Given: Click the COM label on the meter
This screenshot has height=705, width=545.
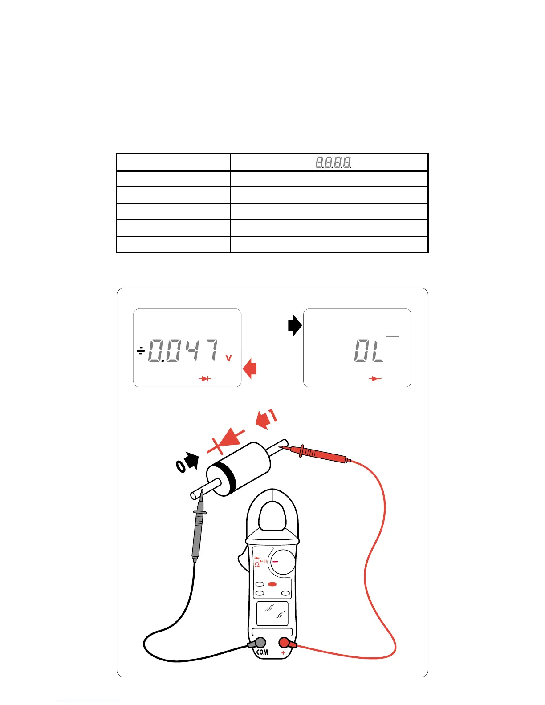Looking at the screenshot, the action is coord(262,652).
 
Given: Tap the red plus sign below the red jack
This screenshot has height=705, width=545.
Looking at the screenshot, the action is coord(283,653).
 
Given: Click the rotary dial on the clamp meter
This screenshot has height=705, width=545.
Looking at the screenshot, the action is coord(281,562).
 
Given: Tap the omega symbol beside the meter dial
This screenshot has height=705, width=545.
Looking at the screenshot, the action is coord(257,564).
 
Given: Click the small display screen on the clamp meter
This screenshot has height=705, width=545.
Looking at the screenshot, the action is coord(272,613).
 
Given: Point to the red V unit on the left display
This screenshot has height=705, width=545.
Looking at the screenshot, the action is coord(228,358).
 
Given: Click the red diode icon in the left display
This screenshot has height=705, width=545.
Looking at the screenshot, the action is coord(205,379).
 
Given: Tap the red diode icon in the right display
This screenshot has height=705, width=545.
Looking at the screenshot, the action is coord(376,379).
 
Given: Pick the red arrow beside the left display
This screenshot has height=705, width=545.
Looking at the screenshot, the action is coord(250,369).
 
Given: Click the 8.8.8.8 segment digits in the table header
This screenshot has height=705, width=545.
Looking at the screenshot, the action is coord(333,162).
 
